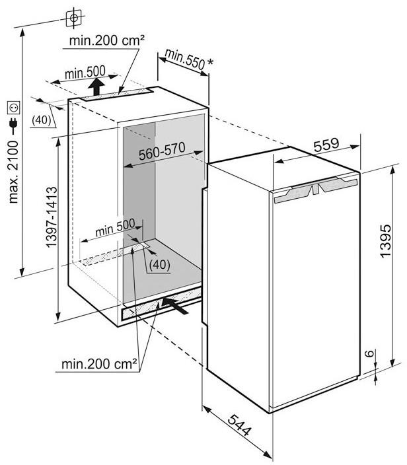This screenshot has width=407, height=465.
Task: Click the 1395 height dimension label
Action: [386, 241]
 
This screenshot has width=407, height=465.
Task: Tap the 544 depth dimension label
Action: [240, 425]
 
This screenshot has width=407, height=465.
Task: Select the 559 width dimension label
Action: [326, 145]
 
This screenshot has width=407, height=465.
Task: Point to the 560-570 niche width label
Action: [162, 151]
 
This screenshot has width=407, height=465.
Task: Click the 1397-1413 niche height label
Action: [52, 217]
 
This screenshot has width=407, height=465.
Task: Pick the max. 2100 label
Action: [13, 172]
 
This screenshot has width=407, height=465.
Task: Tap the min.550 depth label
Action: [185, 59]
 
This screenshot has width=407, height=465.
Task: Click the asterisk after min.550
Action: [210, 62]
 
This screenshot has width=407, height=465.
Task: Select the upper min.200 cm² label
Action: [107, 40]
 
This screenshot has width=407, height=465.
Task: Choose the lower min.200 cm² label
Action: [99, 364]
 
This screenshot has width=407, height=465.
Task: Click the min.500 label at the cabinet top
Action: [85, 73]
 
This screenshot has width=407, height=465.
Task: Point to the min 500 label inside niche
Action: [115, 228]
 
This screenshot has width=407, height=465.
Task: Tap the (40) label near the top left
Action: [42, 120]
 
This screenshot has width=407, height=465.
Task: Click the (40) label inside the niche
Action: [160, 264]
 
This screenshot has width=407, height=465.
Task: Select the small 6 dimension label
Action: [369, 353]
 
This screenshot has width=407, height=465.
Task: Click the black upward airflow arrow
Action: [96, 87]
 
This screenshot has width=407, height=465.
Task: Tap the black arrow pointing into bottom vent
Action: [175, 306]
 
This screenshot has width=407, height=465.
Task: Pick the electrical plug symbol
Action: [13, 125]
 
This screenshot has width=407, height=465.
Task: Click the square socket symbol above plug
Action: [14, 108]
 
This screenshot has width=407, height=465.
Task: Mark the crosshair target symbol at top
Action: [74, 18]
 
